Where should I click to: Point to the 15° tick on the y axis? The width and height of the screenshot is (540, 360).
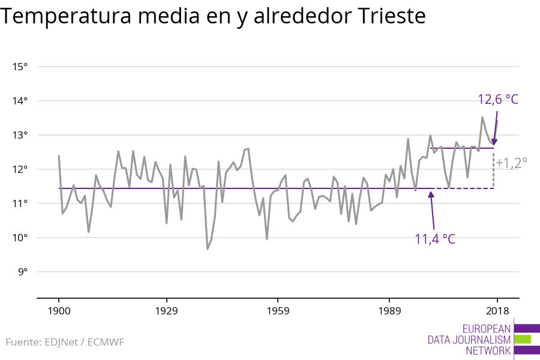pyautogui.click(x=20, y=67)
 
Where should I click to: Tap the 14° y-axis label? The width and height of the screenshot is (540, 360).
pyautogui.click(x=20, y=101)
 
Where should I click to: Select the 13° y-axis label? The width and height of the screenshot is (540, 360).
pyautogui.click(x=20, y=135)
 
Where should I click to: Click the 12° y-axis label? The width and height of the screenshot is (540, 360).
pyautogui.click(x=20, y=169)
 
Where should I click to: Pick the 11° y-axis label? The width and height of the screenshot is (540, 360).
pyautogui.click(x=20, y=203)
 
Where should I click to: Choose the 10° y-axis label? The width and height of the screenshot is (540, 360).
pyautogui.click(x=20, y=238)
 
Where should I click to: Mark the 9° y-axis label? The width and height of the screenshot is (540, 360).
pyautogui.click(x=23, y=272)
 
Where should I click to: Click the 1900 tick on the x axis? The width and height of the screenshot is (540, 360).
pyautogui.click(x=59, y=311)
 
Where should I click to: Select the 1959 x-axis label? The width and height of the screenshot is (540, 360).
pyautogui.click(x=277, y=311)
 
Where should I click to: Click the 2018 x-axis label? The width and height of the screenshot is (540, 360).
pyautogui.click(x=497, y=311)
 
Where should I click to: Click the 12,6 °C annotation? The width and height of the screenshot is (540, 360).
pyautogui.click(x=497, y=100)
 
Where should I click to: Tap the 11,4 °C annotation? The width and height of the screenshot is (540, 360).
pyautogui.click(x=435, y=239)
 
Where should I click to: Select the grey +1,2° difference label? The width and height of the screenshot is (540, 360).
pyautogui.click(x=511, y=163)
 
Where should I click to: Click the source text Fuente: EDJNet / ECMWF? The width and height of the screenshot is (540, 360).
pyautogui.click(x=65, y=343)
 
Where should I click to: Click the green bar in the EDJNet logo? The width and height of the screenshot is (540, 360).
pyautogui.click(x=523, y=339)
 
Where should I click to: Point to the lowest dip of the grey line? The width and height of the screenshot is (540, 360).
pyautogui.click(x=208, y=248)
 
